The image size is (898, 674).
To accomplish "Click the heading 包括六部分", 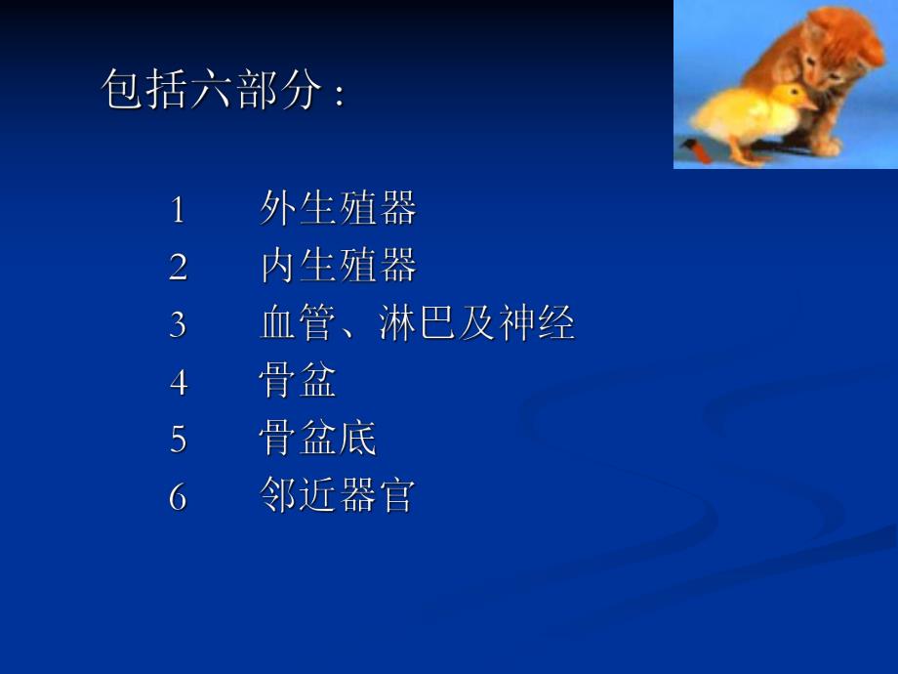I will pos(212,93).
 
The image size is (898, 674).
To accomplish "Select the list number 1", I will pos(178,209).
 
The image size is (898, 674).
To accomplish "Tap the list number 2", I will pos(178,267).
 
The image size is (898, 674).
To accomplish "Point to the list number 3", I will pos(178,324).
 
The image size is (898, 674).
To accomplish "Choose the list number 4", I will pos(178,382).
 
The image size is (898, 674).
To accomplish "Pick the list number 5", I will pos(178,440).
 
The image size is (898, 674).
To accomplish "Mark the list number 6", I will pos(178,497).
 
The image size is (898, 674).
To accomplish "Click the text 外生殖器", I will pos(338,209).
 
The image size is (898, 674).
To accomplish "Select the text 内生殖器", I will pos(338,267).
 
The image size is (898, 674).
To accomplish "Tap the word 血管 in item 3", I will pos(299,324).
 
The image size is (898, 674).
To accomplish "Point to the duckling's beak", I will pos(808,103).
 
